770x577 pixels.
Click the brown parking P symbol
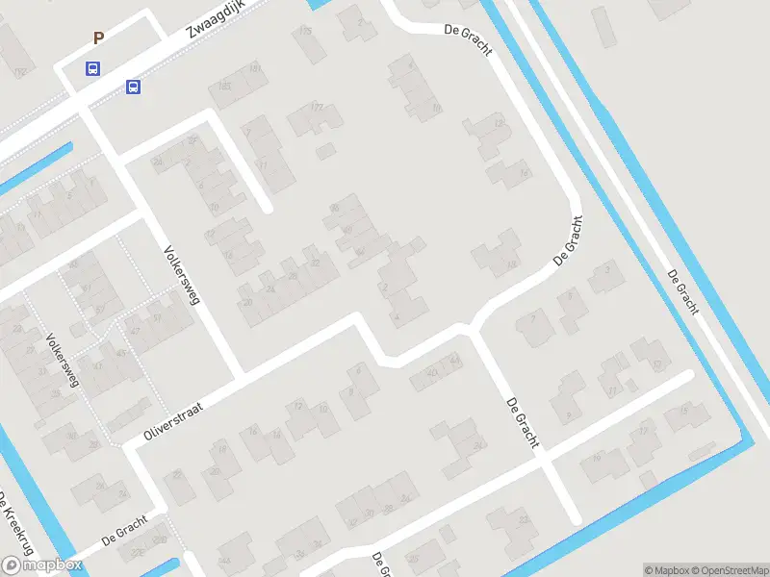(x=97, y=38)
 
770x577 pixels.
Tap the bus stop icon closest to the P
(x=92, y=68)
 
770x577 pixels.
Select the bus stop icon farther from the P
(x=133, y=88)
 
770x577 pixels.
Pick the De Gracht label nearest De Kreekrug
(x=124, y=529)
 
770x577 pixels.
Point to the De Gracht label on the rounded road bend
(x=568, y=241)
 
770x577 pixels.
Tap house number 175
(x=306, y=32)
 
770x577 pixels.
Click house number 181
(x=255, y=69)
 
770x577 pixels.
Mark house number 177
(x=315, y=107)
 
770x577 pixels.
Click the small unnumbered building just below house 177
(x=325, y=151)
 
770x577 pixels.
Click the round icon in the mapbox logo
(x=13, y=565)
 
